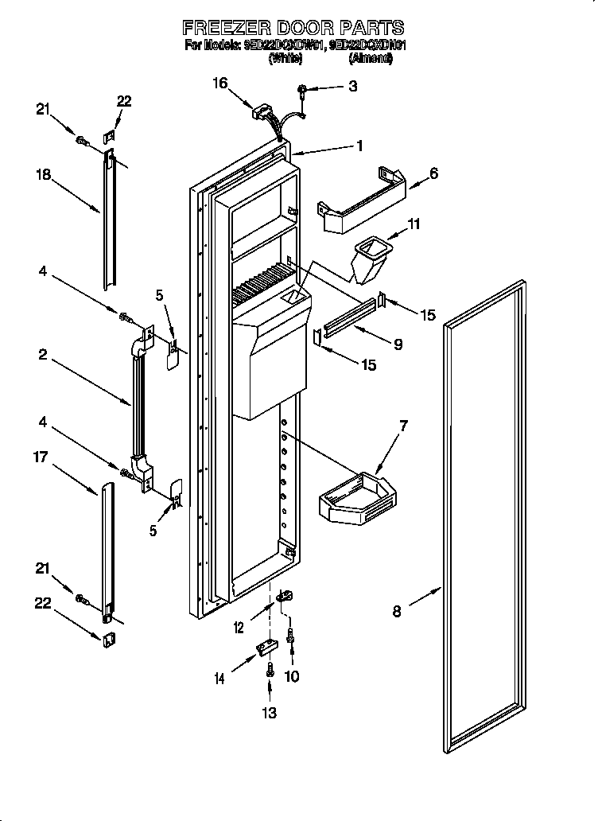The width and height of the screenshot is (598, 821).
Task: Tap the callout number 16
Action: [x=220, y=82]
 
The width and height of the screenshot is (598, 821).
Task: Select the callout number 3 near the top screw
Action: [x=352, y=86]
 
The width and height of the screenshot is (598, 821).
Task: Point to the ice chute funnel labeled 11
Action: [x=369, y=258]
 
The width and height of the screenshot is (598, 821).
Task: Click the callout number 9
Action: [x=398, y=344]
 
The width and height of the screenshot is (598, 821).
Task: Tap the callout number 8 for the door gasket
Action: [x=397, y=611]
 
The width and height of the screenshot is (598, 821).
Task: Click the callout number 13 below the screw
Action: [x=270, y=712]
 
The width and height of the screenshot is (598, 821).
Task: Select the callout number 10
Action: [x=293, y=676]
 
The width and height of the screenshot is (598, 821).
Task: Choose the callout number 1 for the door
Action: [x=359, y=146]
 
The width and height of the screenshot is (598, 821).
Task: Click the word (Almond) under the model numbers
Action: [x=371, y=58]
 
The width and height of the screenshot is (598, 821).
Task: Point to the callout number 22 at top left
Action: [x=123, y=101]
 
